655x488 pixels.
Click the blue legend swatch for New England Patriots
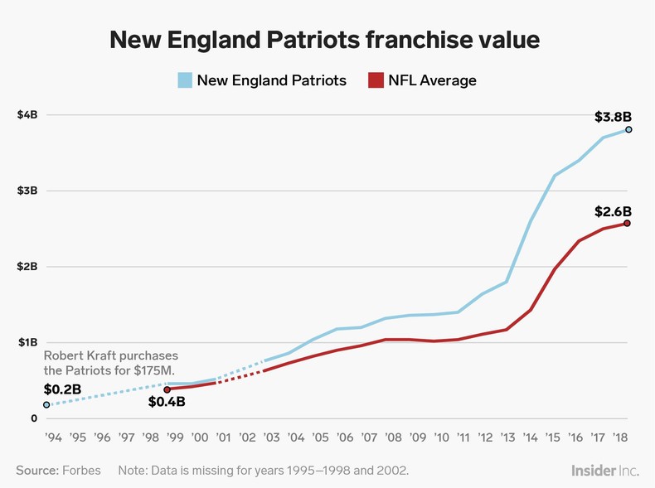click(185, 80)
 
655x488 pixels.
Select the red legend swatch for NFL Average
click(376, 80)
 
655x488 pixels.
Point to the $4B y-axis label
click(27, 114)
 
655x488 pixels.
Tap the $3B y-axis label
click(27, 191)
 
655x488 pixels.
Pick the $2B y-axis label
click(27, 267)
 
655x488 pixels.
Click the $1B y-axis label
click(27, 342)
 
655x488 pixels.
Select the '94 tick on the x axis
click(53, 437)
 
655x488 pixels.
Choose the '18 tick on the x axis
click(619, 437)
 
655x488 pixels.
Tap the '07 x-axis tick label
click(368, 437)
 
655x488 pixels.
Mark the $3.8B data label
click(614, 117)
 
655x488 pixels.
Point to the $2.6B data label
click(614, 211)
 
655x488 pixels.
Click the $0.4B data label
click(167, 403)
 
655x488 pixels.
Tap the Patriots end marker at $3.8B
click(628, 129)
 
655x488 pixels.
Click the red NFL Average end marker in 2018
click(628, 223)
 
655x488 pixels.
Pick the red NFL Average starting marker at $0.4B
click(167, 389)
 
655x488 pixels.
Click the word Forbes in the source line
click(81, 470)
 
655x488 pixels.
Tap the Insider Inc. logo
click(604, 470)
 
